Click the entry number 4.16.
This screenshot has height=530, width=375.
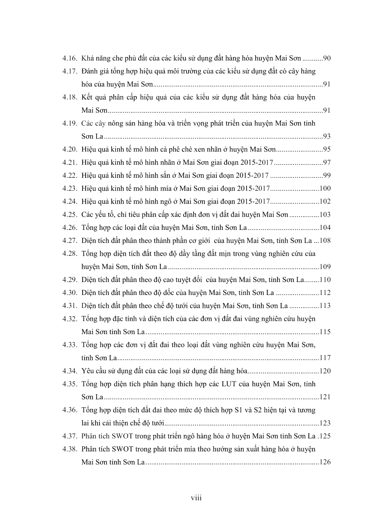coord(69,59)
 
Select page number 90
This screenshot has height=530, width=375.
coord(326,59)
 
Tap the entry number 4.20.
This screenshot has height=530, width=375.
coord(69,150)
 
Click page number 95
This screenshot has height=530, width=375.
coord(326,150)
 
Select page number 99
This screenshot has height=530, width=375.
coord(326,175)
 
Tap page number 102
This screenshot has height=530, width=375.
coord(325,201)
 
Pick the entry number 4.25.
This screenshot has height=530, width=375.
coord(69,215)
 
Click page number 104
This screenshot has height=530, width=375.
coord(325,228)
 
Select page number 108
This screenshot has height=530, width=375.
coord(325,241)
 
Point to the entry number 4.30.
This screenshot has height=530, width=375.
coord(69,293)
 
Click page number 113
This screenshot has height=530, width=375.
coord(325,306)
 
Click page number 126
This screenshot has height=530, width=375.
coord(325,462)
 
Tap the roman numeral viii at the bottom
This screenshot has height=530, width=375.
coord(196,498)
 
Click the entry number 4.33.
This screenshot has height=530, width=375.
coord(69,345)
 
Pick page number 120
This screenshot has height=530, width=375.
coord(325,371)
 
